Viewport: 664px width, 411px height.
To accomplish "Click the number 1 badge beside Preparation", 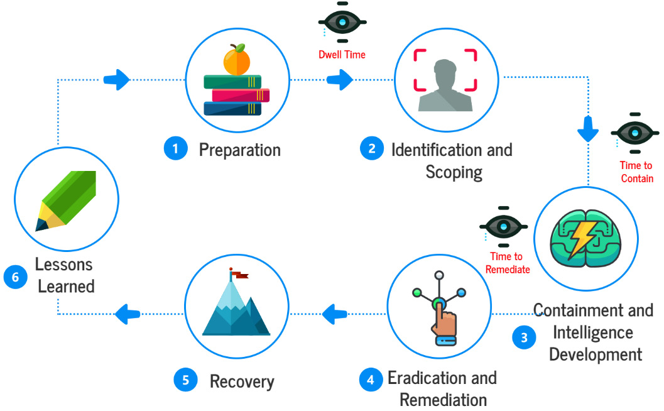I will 175,149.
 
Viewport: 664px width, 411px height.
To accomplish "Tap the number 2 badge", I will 371,149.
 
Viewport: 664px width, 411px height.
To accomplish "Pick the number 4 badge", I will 371,380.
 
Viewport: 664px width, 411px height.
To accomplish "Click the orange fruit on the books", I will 236,60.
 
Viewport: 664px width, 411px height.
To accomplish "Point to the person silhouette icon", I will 445,88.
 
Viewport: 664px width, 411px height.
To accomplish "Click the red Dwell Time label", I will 342,55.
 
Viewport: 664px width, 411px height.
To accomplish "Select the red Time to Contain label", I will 636,172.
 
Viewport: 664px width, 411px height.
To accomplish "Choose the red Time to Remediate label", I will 508,263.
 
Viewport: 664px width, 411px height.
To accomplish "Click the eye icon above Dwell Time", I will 342,23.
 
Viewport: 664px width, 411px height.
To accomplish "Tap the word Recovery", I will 242,381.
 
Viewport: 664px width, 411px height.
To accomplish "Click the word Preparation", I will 239,150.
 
